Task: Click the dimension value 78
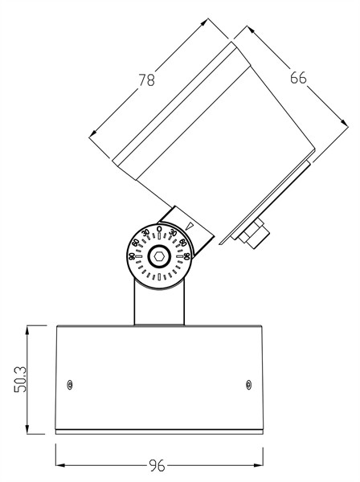coord(147,81)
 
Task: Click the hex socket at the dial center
coord(159,256)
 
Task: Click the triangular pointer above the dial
coord(189,227)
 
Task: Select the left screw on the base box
coord(70,385)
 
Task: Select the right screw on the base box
coord(248,385)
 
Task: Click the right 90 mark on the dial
coord(186,256)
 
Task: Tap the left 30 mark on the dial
coord(145,234)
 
